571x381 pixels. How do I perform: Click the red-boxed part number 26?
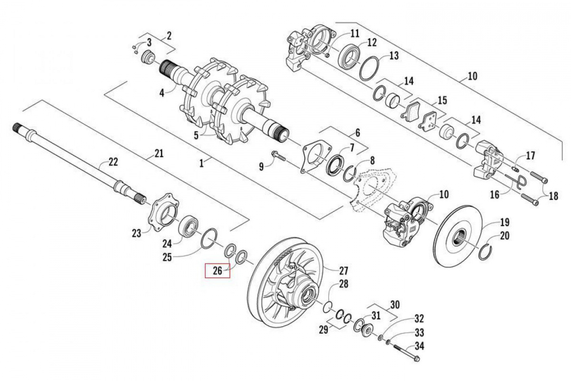217,271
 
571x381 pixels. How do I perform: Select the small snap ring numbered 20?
488,251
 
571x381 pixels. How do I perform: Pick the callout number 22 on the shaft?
113,162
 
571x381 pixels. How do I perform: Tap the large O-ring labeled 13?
370,70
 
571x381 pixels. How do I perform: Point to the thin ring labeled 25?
209,239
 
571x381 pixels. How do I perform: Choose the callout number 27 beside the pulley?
343,271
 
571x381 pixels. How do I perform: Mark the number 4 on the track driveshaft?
161,92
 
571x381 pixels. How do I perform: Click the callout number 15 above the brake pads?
442,100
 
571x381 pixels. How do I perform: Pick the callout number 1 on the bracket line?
202,162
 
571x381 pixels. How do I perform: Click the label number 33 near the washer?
419,332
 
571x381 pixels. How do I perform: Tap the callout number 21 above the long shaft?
158,153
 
